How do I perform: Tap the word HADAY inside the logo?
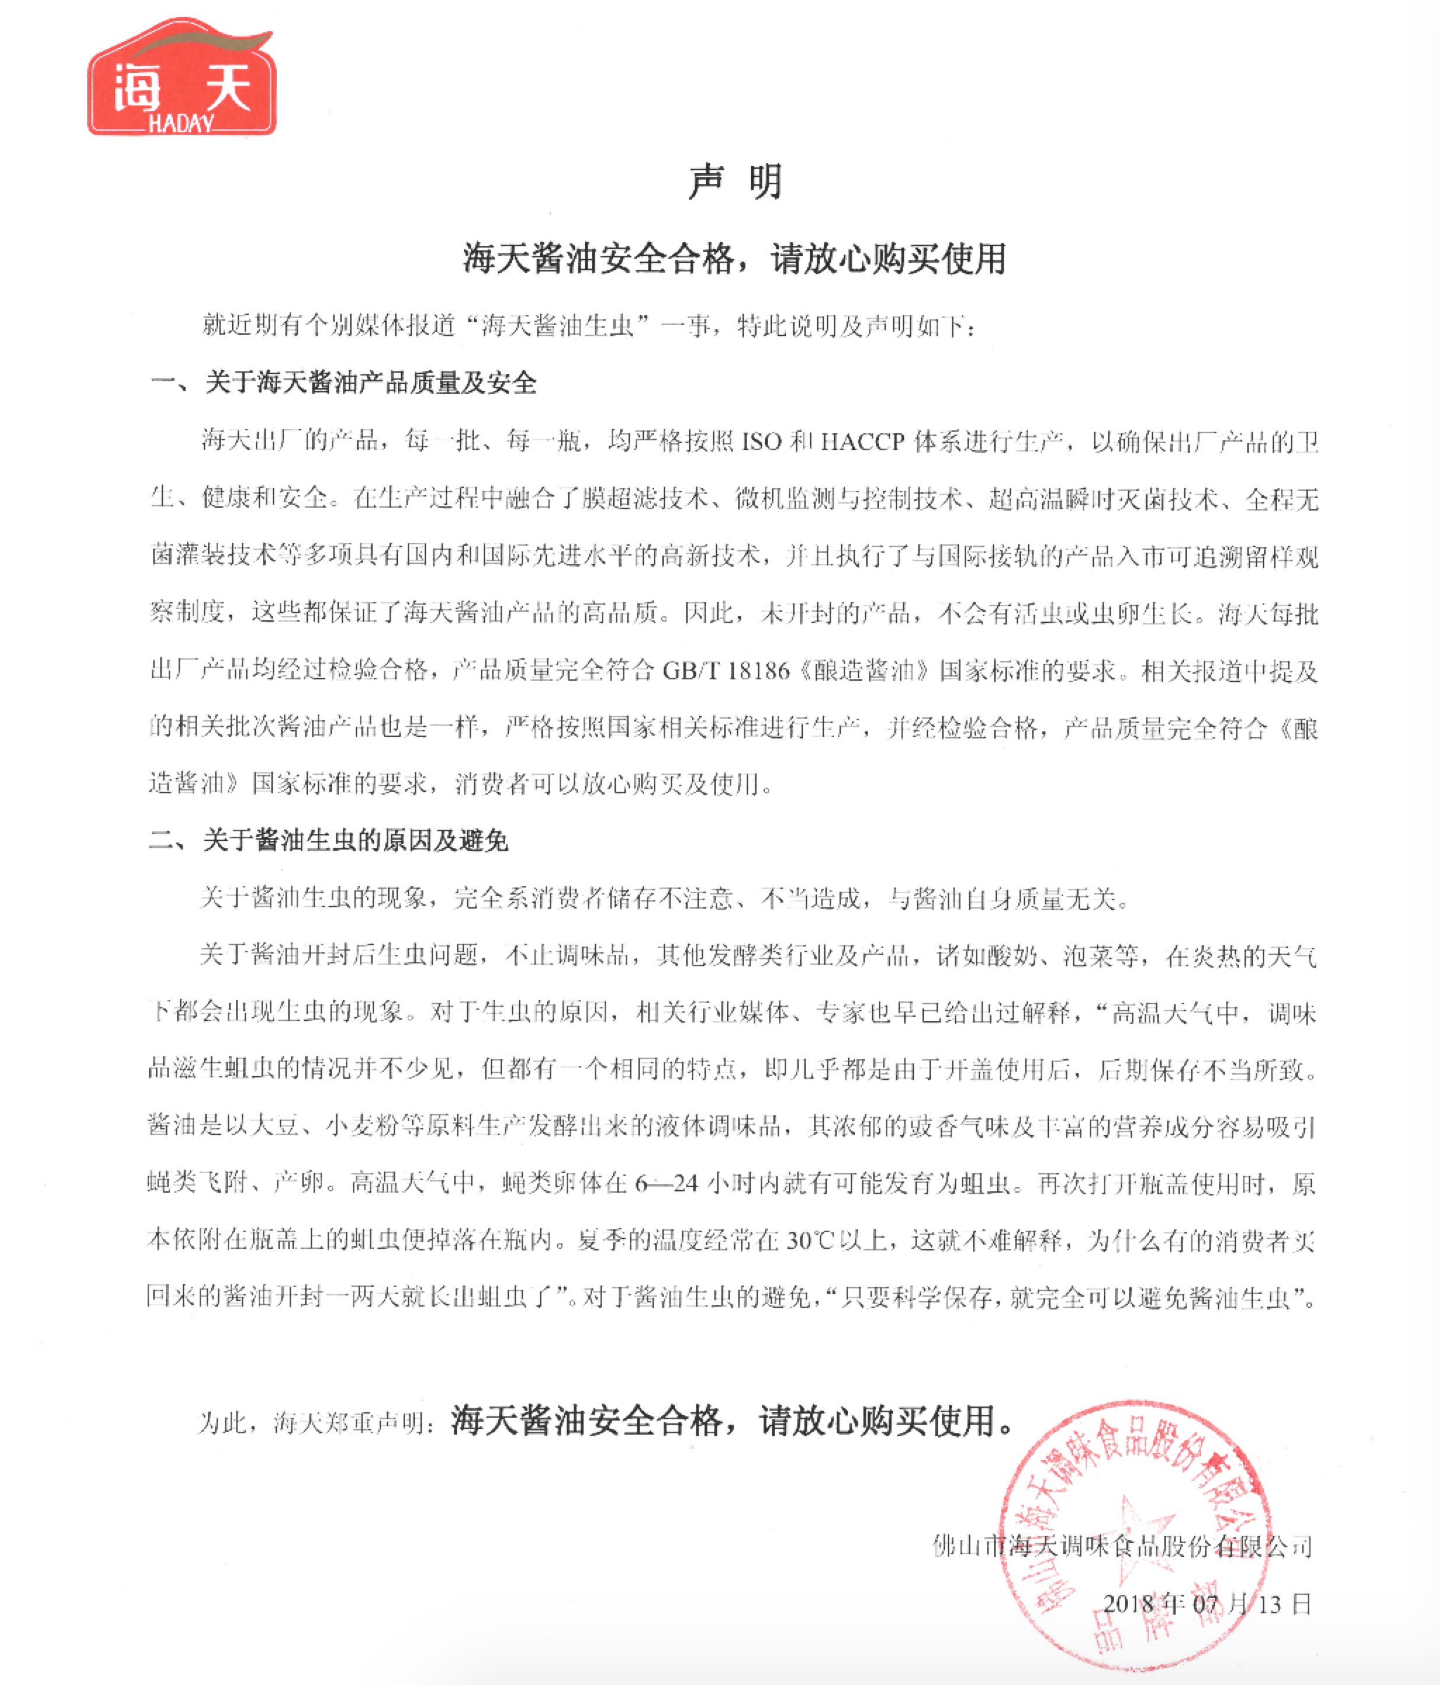click(181, 123)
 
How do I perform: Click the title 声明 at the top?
click(734, 182)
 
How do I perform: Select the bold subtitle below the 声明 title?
click(734, 260)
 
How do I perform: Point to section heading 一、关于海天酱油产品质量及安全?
click(342, 382)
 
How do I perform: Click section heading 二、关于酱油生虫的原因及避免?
click(328, 840)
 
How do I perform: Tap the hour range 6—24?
click(666, 1184)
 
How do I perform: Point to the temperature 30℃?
click(811, 1240)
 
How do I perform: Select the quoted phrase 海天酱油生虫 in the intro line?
click(557, 326)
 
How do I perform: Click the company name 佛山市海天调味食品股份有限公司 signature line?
click(1122, 1545)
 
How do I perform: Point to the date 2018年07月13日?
click(1207, 1603)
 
